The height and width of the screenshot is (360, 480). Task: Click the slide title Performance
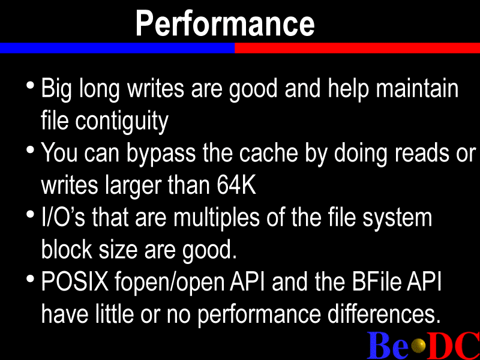[225, 23]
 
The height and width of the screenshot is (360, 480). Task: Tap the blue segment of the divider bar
[117, 48]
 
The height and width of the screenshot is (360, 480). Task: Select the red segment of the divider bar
[357, 48]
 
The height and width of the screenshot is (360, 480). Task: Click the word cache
[268, 153]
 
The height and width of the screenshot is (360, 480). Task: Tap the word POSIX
[75, 281]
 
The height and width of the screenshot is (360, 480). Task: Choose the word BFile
[376, 281]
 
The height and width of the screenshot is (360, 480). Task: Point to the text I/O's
[63, 218]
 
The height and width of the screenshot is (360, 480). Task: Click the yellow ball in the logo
[419, 346]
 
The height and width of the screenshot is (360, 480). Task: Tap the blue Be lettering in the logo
[388, 345]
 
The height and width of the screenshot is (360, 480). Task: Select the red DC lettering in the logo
[454, 345]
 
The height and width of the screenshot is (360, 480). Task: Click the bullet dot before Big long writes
[30, 85]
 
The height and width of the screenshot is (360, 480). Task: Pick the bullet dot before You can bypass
[30, 149]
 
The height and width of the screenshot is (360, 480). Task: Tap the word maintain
[417, 88]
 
